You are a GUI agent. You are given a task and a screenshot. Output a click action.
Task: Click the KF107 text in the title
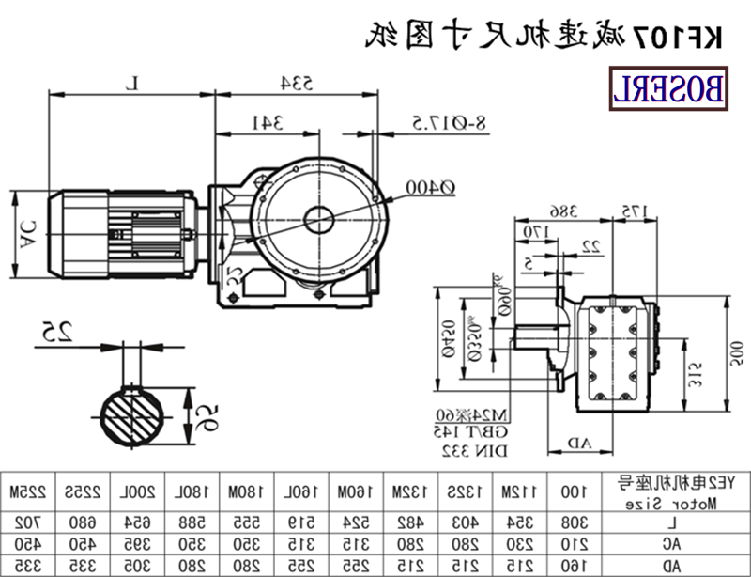point(689,37)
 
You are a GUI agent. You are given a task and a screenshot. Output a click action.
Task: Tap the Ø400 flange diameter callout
point(430,188)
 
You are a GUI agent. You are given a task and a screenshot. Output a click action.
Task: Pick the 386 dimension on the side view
point(536,211)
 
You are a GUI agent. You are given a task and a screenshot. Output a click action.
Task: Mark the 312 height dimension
point(690,375)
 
